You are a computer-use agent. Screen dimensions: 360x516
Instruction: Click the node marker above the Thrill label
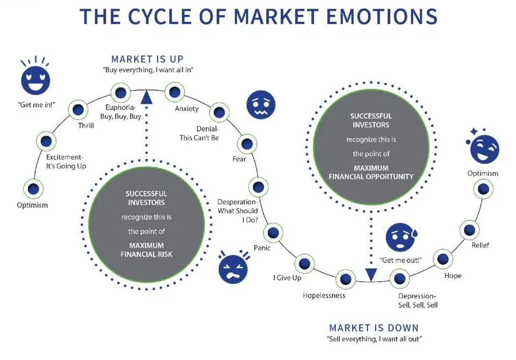[78, 109]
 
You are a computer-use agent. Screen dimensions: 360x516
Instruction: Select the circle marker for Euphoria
[121, 92]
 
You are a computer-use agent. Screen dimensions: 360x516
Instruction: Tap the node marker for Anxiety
[175, 93]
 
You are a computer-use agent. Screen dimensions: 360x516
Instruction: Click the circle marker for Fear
[247, 144]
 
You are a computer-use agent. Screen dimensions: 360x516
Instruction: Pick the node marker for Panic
[273, 233]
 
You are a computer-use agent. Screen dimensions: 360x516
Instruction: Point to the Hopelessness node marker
[346, 279]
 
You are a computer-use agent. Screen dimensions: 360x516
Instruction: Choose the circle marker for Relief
[469, 230]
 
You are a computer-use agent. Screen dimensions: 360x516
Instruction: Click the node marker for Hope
[443, 259]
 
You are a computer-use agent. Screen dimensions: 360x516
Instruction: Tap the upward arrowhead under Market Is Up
[147, 97]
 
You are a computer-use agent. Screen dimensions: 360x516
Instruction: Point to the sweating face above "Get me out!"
[400, 237]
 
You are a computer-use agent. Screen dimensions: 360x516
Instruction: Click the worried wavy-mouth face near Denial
[260, 104]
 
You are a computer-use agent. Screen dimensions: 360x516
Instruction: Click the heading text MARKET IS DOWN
[374, 327]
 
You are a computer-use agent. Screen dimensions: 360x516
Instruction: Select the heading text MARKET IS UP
[148, 59]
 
